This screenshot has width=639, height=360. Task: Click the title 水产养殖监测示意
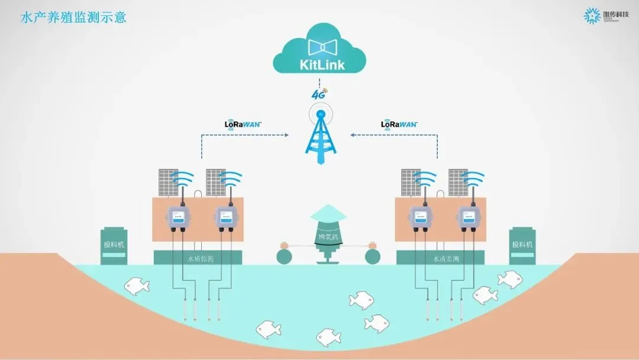click(x=74, y=17)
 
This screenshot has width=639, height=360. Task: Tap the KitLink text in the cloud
click(x=319, y=63)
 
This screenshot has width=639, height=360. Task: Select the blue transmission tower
click(x=320, y=136)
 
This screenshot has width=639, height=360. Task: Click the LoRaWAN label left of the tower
click(x=243, y=124)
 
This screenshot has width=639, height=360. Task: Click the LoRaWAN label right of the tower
click(x=399, y=124)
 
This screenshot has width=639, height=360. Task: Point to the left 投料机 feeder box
click(x=114, y=245)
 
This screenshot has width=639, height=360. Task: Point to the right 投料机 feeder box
click(x=522, y=245)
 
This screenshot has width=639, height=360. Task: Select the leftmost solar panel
click(x=168, y=183)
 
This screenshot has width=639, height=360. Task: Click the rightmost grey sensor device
click(x=465, y=217)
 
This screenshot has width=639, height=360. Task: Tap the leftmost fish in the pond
click(x=137, y=287)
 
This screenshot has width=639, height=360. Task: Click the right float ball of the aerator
click(x=373, y=256)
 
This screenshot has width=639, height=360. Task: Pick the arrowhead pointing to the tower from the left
click(x=289, y=135)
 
